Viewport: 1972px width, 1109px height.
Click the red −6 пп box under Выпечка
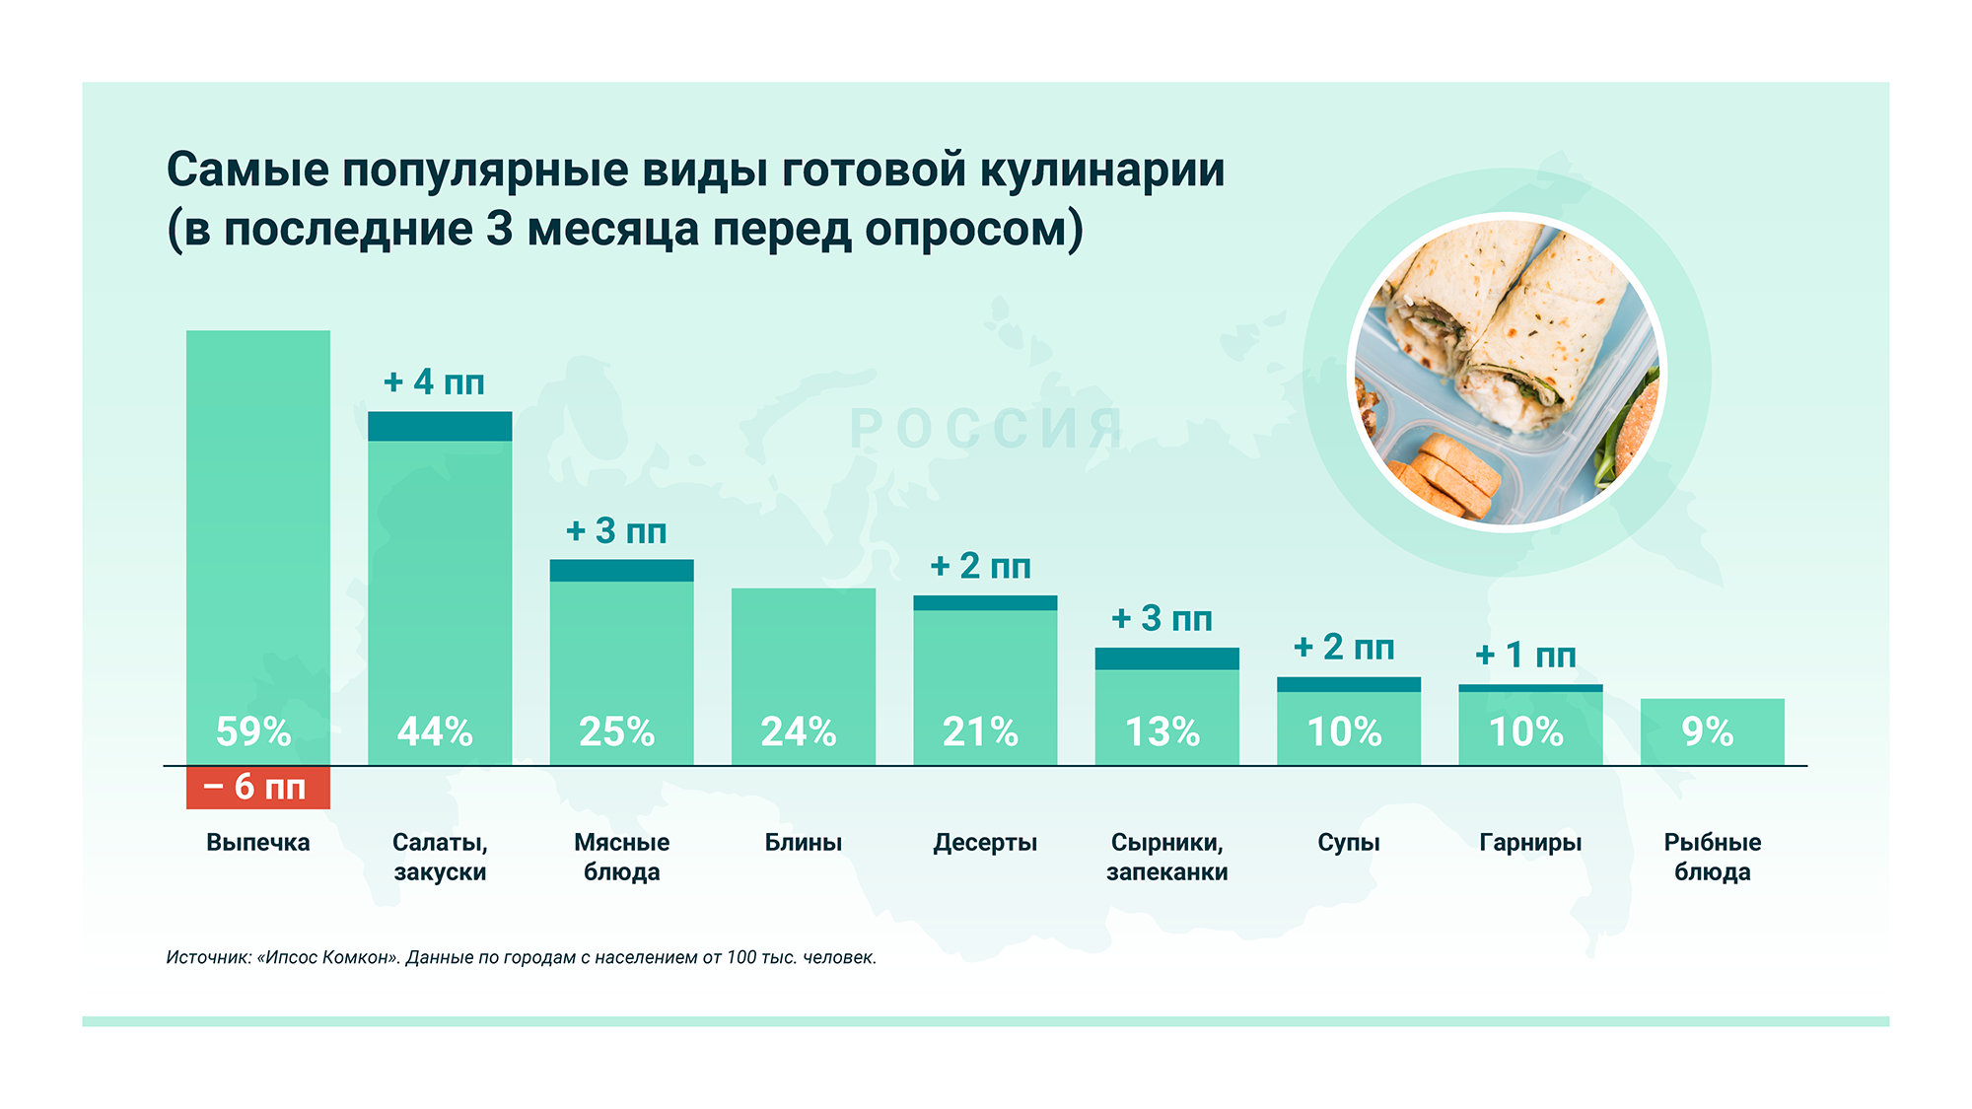point(257,788)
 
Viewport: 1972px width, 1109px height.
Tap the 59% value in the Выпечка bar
point(253,731)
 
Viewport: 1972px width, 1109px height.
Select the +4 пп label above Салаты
point(434,381)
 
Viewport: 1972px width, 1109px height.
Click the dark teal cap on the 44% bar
point(440,426)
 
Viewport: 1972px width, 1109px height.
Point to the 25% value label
point(616,731)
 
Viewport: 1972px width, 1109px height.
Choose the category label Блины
point(803,843)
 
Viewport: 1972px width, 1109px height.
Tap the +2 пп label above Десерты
point(980,566)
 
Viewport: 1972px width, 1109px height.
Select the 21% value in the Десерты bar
point(980,731)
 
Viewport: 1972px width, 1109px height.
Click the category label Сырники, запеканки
point(1166,857)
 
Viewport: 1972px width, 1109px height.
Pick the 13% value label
point(1162,731)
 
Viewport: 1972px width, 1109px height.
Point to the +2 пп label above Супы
point(1344,648)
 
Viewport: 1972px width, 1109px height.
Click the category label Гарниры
point(1530,843)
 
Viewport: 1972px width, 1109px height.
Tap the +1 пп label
point(1525,655)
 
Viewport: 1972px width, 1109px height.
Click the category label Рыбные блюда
point(1712,857)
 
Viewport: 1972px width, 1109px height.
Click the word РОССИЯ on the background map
point(986,429)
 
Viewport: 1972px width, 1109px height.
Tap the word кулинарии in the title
point(1101,170)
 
